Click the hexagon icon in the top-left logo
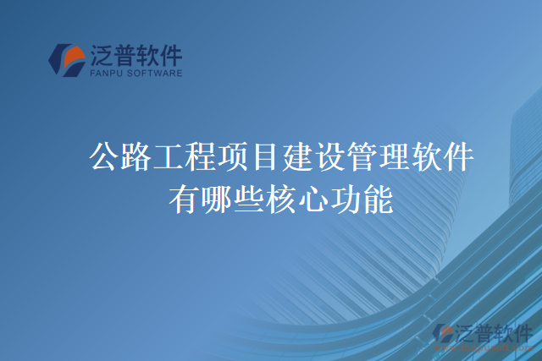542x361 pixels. tap(65, 59)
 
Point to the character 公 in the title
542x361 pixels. tap(105, 158)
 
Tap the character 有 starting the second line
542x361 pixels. tap(185, 200)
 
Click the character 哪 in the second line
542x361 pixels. tap(217, 200)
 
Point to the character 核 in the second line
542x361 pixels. tap(281, 200)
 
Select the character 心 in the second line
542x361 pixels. tap(313, 200)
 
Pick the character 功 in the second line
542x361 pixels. tap(346, 200)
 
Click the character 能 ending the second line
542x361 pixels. tap(378, 200)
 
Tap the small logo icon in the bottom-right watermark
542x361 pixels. tap(442, 333)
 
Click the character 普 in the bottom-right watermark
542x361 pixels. tap(485, 332)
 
